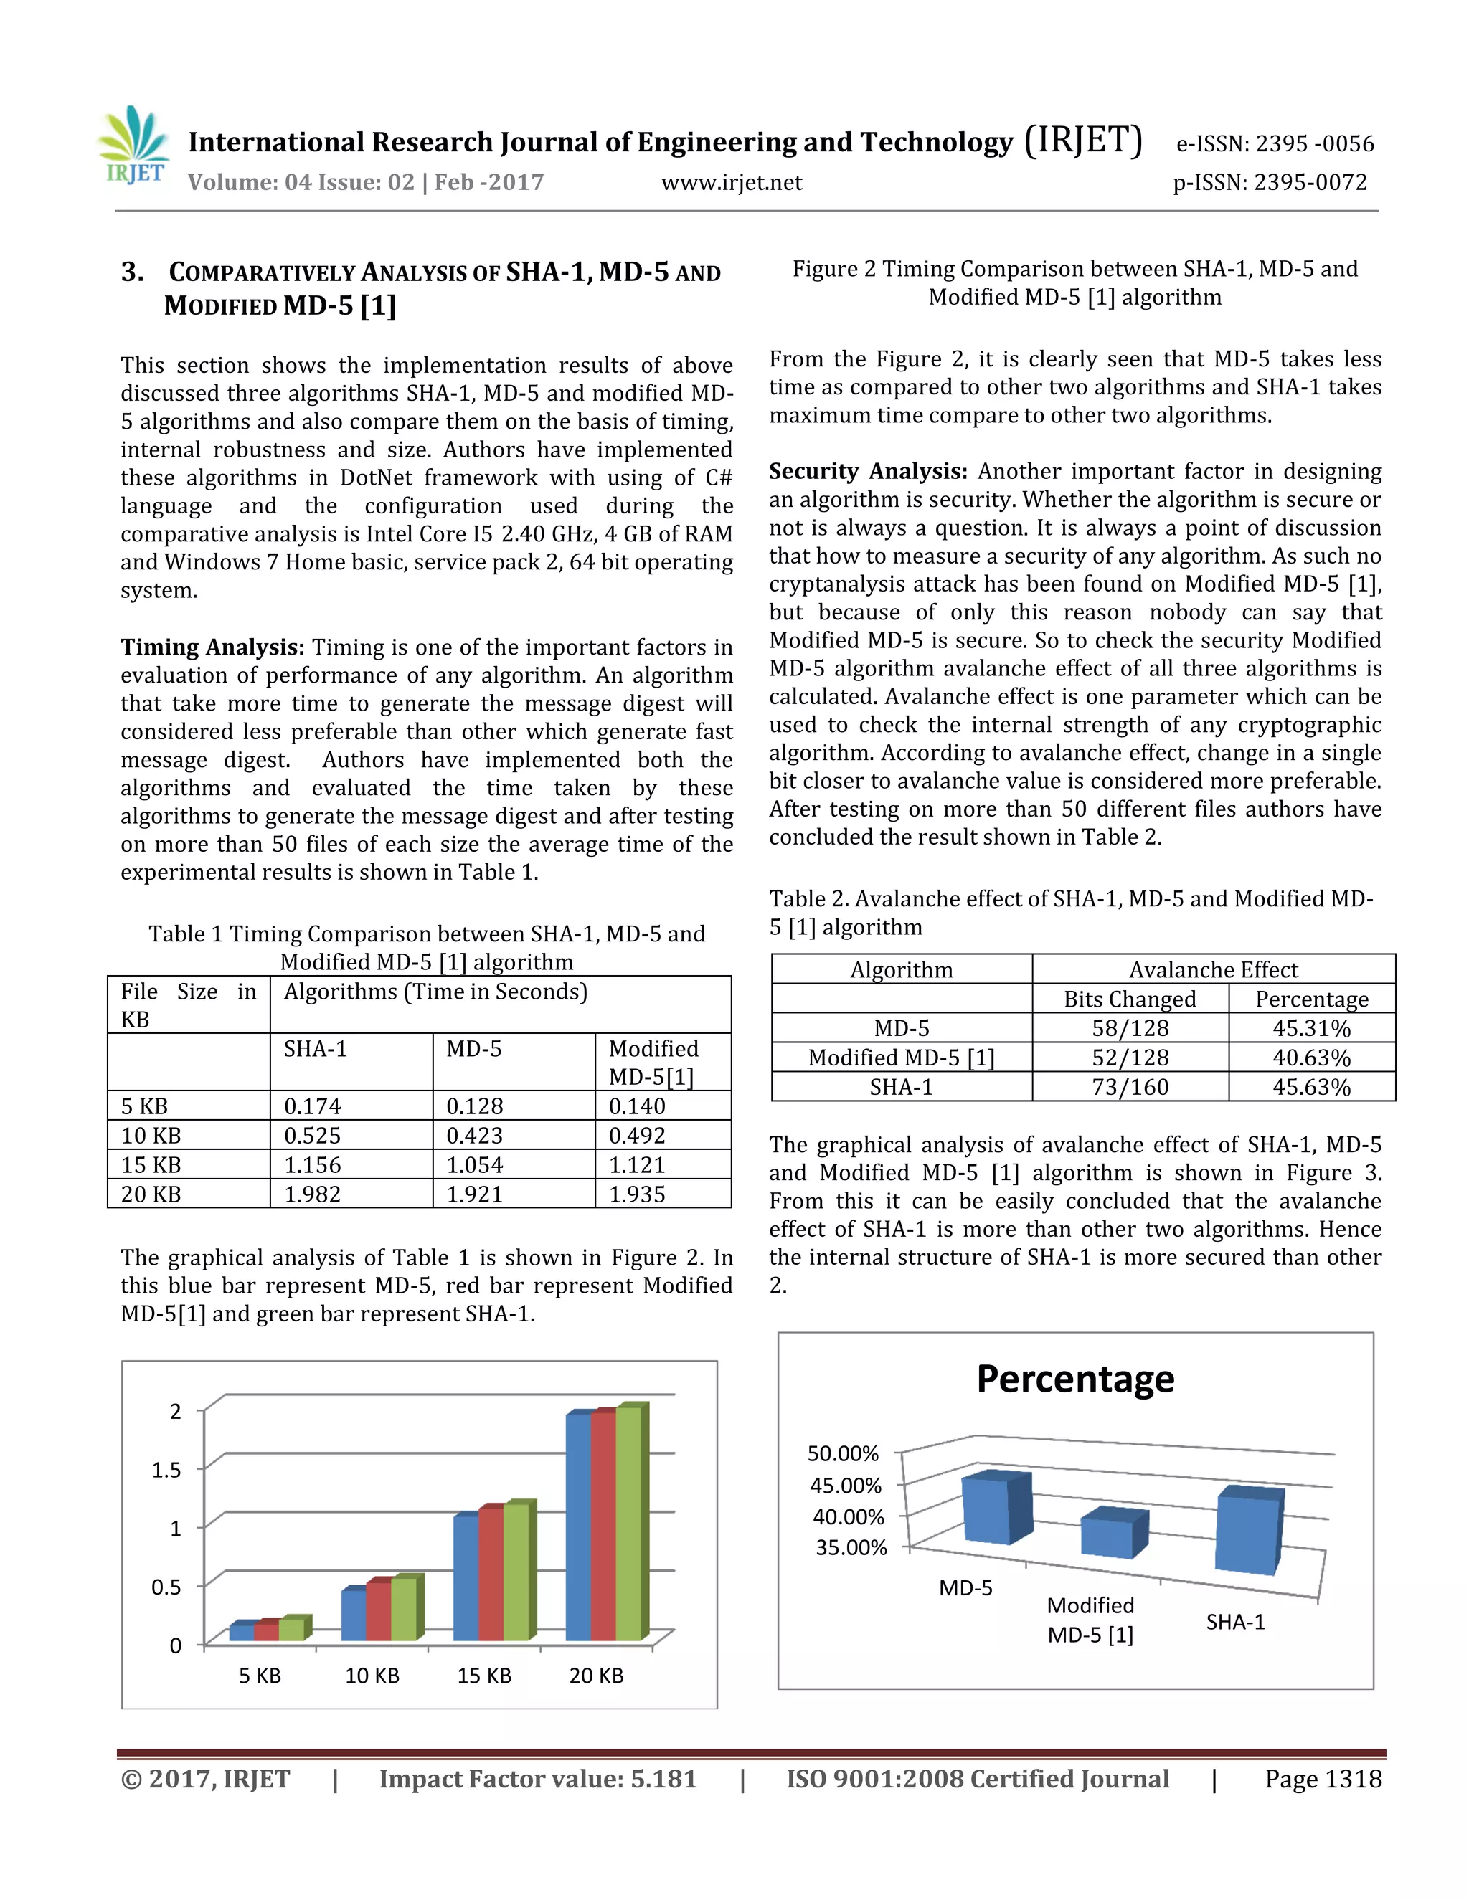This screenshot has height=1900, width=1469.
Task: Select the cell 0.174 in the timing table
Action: click(313, 1106)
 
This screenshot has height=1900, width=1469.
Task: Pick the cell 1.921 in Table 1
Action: click(474, 1194)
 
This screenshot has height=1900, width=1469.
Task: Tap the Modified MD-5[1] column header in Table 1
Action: click(653, 1063)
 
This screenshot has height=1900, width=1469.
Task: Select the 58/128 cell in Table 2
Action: click(1130, 1028)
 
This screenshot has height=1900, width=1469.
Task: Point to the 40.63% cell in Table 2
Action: click(1311, 1058)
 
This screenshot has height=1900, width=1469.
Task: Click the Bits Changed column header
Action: click(1130, 999)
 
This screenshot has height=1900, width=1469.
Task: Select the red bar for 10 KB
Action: click(379, 1611)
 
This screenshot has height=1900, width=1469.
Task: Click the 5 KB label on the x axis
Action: click(260, 1676)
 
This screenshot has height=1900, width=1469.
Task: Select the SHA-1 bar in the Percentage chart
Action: click(1247, 1536)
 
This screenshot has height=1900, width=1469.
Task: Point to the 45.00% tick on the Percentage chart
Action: click(845, 1485)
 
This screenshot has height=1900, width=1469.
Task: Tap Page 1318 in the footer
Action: click(1323, 1779)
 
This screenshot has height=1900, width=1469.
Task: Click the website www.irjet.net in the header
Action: click(731, 183)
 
